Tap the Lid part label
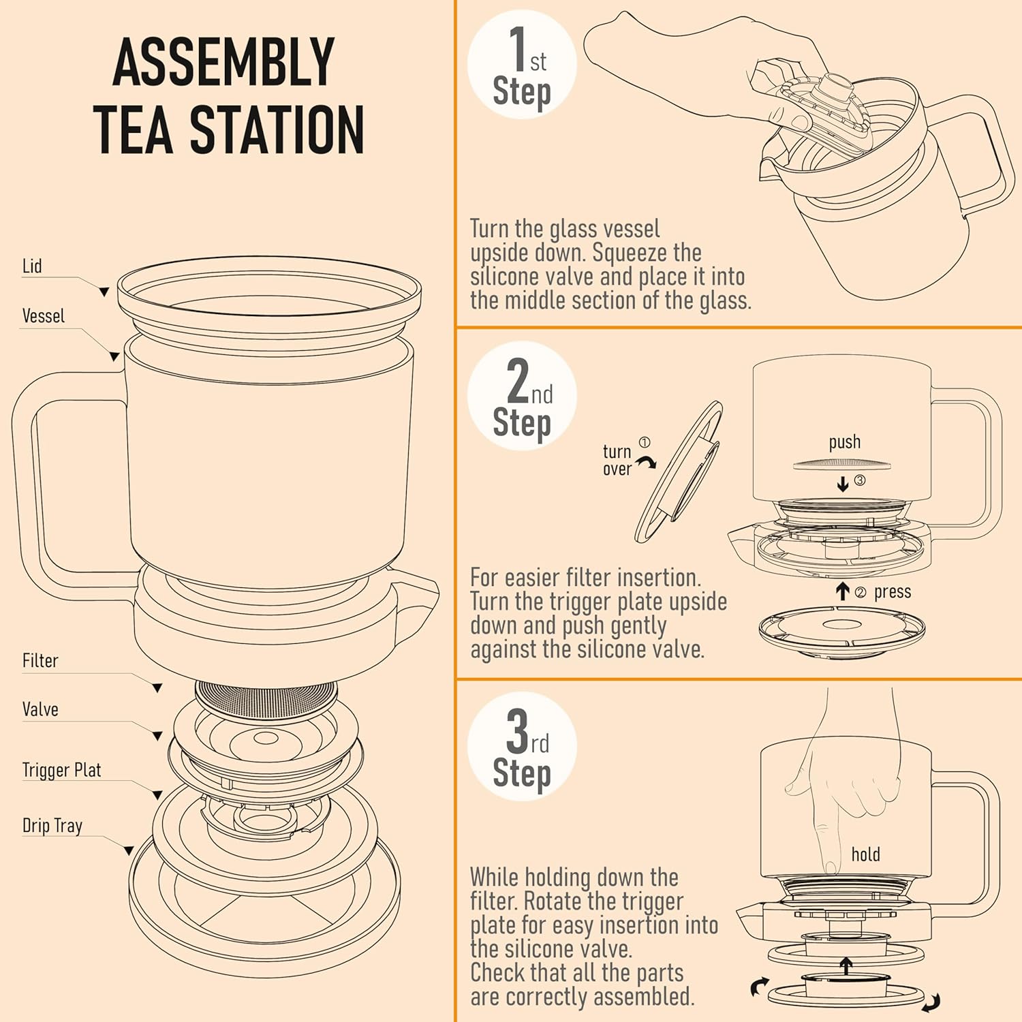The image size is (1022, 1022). click(32, 266)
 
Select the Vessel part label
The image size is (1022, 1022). click(44, 316)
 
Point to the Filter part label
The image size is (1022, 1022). click(40, 660)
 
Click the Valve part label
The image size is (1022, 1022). click(40, 709)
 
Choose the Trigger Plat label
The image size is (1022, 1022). click(61, 770)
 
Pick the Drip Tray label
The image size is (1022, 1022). click(52, 826)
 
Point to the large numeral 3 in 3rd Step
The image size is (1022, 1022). click(518, 730)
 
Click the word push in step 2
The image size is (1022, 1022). click(845, 443)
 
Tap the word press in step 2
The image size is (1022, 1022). click(893, 592)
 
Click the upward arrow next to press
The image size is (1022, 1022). click(843, 591)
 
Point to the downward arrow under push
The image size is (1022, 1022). click(843, 484)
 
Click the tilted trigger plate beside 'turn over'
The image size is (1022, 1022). click(679, 472)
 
